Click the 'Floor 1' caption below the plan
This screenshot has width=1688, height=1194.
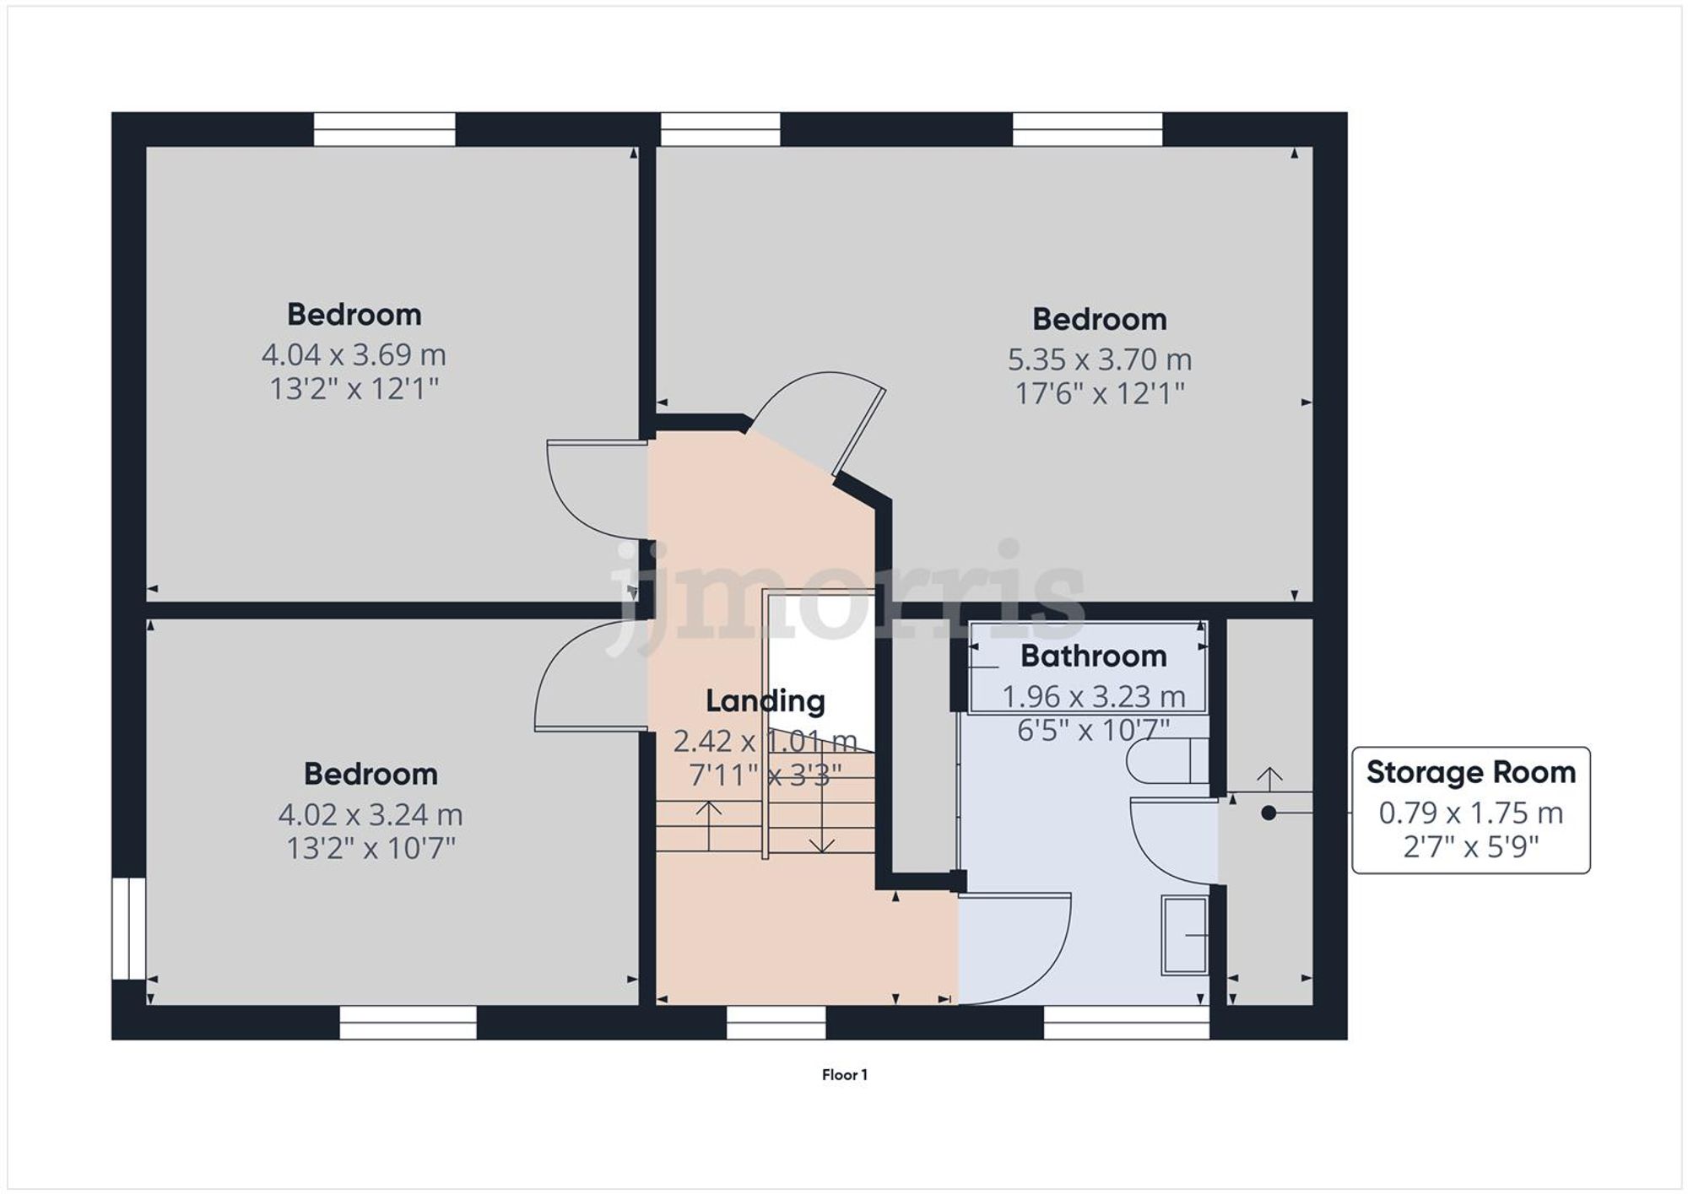point(844,1074)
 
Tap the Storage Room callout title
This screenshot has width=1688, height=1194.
point(1470,772)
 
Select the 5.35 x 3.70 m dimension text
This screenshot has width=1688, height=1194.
point(1099,359)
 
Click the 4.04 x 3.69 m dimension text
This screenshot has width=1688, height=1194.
point(354,354)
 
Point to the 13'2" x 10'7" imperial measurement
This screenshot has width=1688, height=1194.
point(371,847)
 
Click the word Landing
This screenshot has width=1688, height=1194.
point(765,700)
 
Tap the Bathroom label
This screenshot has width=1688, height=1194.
point(1093,656)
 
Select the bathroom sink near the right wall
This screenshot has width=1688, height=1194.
point(1184,936)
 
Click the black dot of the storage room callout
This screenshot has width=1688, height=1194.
point(1269,813)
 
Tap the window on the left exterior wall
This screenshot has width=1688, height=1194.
point(129,928)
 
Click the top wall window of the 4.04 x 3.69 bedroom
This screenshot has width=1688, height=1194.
point(384,129)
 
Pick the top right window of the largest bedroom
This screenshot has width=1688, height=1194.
point(1087,129)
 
